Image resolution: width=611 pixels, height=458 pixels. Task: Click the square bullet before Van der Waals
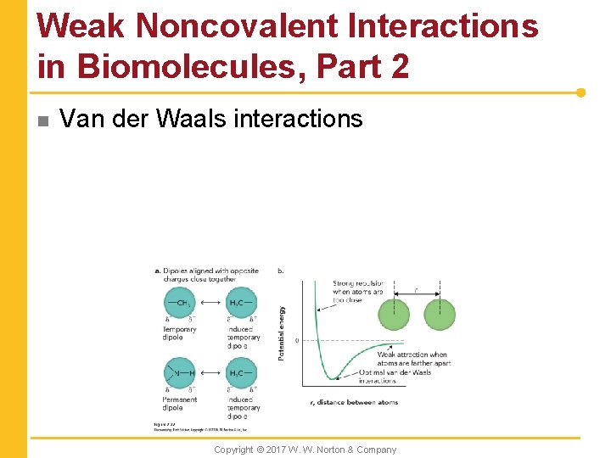point(41,120)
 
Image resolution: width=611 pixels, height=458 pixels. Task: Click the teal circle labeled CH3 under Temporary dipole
point(179,304)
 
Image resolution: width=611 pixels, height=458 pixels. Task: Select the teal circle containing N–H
point(179,374)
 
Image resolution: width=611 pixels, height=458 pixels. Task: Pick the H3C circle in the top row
point(241,304)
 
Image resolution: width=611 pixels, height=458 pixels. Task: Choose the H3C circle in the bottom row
point(241,374)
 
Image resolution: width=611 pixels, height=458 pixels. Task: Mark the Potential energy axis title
point(282,332)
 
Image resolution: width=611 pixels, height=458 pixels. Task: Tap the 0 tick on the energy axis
point(297,341)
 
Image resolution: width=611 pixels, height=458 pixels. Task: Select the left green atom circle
point(393,314)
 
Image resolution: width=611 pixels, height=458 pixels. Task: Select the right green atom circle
point(439,314)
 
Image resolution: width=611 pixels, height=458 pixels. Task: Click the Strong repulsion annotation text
point(358,291)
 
